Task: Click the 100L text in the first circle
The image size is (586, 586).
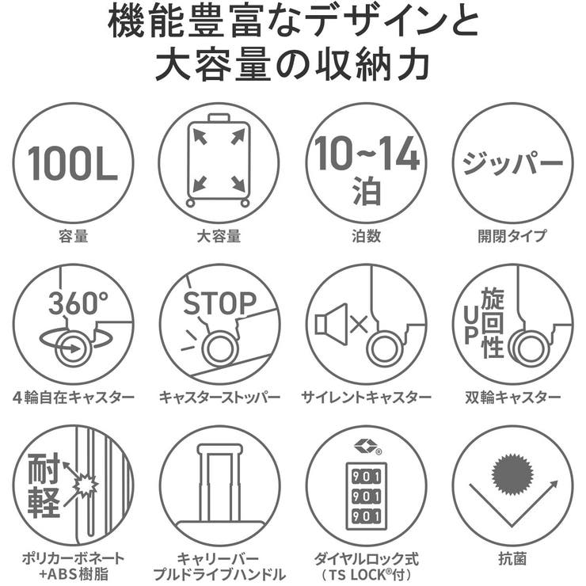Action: (x=73, y=162)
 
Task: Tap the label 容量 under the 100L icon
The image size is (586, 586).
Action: (x=73, y=235)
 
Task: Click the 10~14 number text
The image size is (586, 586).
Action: (x=366, y=154)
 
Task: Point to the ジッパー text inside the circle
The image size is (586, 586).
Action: (x=512, y=163)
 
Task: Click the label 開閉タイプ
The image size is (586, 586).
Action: (x=512, y=235)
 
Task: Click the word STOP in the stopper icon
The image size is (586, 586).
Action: (x=219, y=303)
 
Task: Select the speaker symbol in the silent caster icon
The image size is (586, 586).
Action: (x=331, y=324)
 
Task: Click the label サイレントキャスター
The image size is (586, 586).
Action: (x=366, y=397)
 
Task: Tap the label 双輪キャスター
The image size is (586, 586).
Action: (x=512, y=397)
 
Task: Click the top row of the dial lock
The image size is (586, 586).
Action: (x=366, y=474)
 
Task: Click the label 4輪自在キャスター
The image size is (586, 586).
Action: (x=73, y=397)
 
